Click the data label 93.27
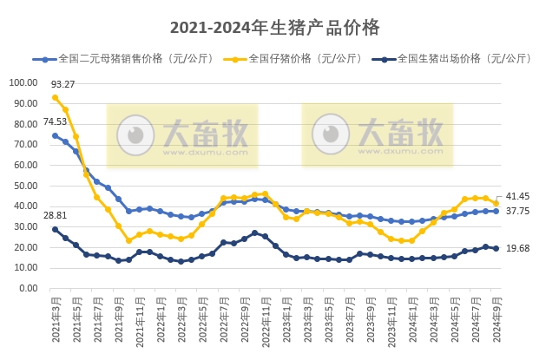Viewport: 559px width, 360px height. click(62, 84)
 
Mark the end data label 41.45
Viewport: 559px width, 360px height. click(518, 197)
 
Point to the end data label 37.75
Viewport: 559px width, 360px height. click(518, 211)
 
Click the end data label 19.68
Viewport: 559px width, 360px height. click(518, 249)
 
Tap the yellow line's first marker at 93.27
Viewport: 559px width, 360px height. click(56, 97)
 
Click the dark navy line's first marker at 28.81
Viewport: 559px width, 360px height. click(56, 229)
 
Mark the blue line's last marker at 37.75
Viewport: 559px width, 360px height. click(496, 211)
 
